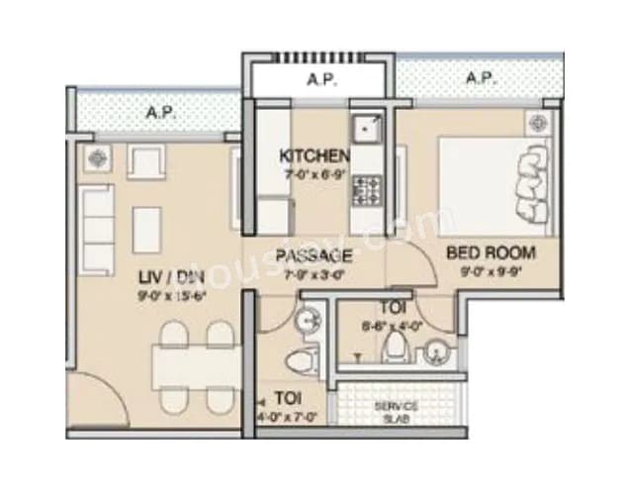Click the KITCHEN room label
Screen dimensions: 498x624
pyautogui.click(x=314, y=156)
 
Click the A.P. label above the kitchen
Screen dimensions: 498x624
pyautogui.click(x=318, y=78)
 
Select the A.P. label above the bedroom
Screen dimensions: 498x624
pyautogui.click(x=480, y=77)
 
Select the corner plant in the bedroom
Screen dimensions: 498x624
pyautogui.click(x=538, y=124)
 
